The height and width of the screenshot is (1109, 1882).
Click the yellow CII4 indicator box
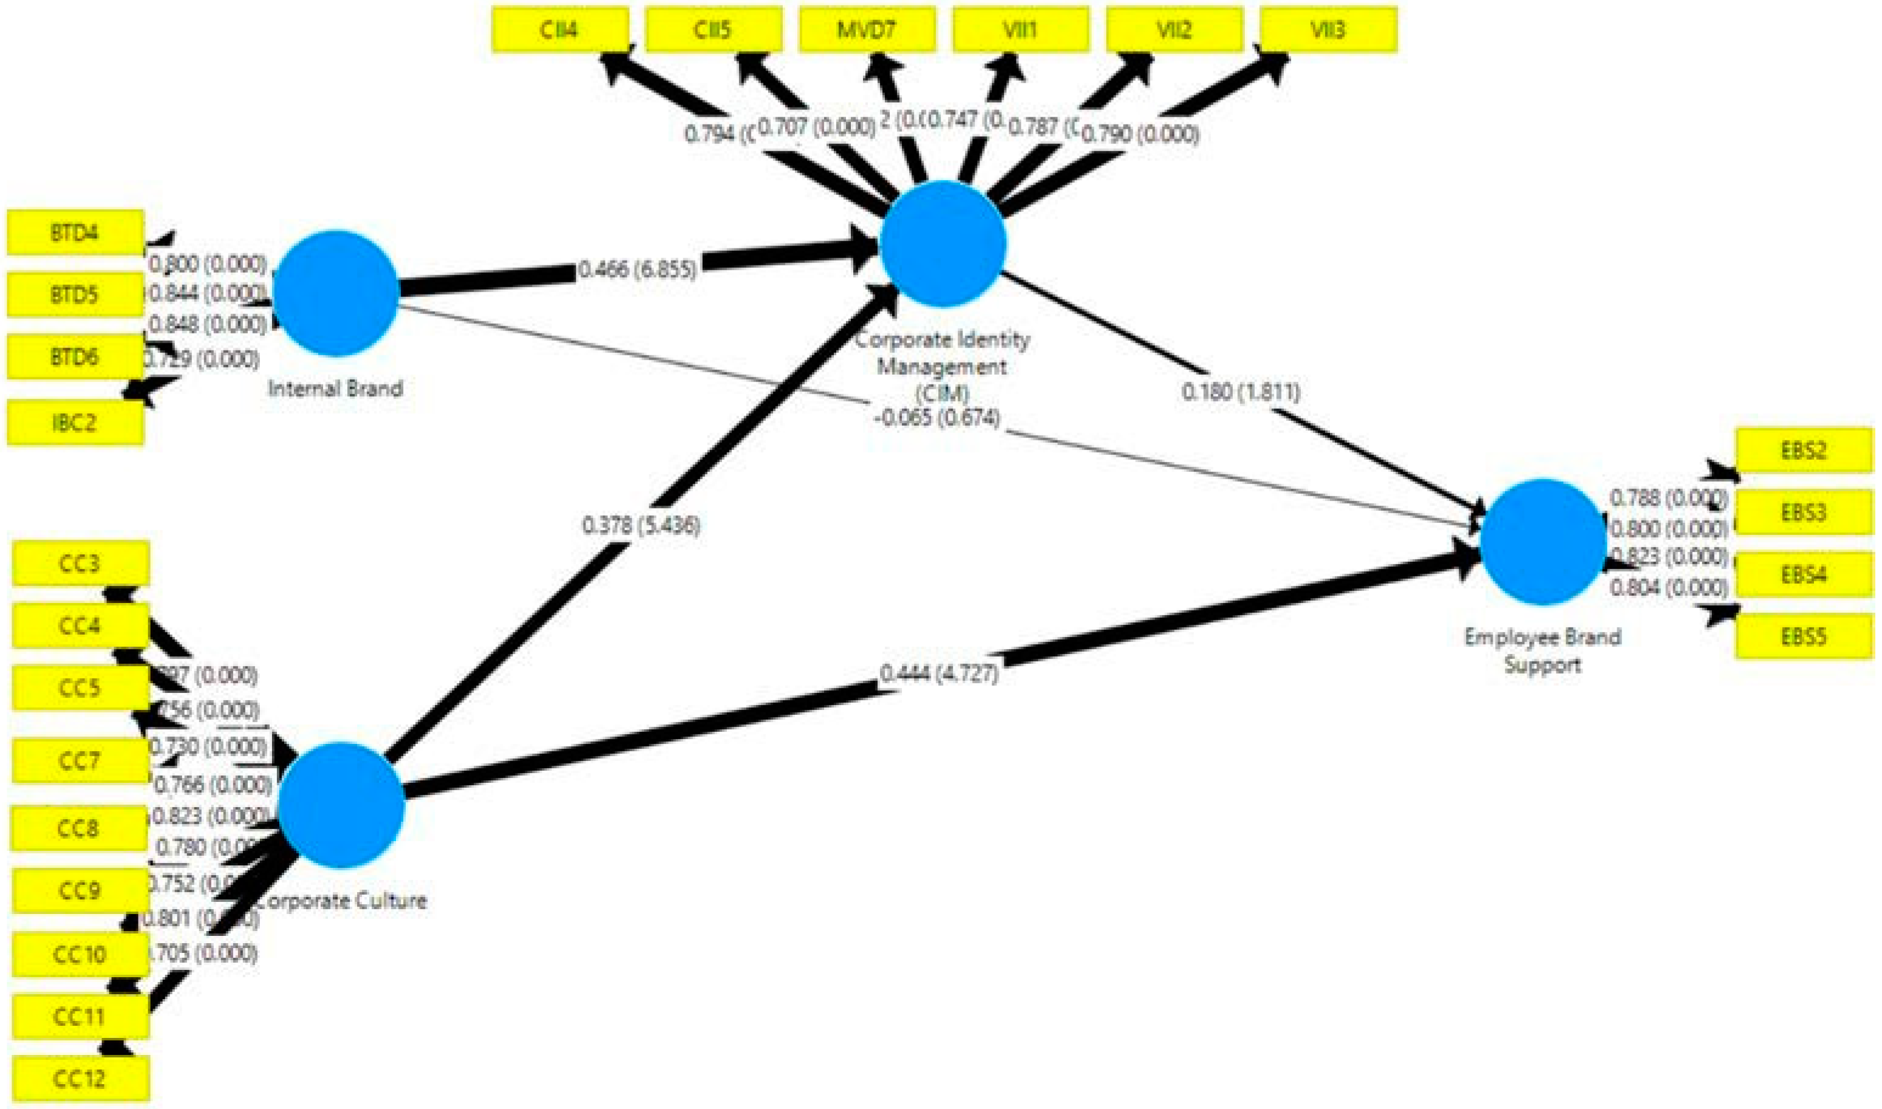(x=559, y=30)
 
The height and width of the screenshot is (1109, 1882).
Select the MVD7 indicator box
(x=867, y=30)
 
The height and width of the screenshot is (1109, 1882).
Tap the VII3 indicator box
(x=1328, y=30)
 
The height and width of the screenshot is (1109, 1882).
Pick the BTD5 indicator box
(x=75, y=295)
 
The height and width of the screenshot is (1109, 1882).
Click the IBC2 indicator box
(x=75, y=423)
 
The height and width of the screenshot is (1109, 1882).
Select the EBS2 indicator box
(x=1804, y=451)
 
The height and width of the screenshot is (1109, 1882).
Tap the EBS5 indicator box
(x=1804, y=636)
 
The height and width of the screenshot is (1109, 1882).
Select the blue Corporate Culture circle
(x=341, y=805)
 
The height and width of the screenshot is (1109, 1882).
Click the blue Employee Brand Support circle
(x=1543, y=542)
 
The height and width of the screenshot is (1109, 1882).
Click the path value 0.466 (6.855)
(x=637, y=269)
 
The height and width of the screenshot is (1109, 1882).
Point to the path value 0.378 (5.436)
(x=641, y=525)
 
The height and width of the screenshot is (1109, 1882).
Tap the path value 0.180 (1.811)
(x=1241, y=392)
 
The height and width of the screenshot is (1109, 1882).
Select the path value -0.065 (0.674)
(x=937, y=417)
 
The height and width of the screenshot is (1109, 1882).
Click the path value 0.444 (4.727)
(x=939, y=674)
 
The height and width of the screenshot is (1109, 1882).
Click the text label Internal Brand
(x=335, y=389)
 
